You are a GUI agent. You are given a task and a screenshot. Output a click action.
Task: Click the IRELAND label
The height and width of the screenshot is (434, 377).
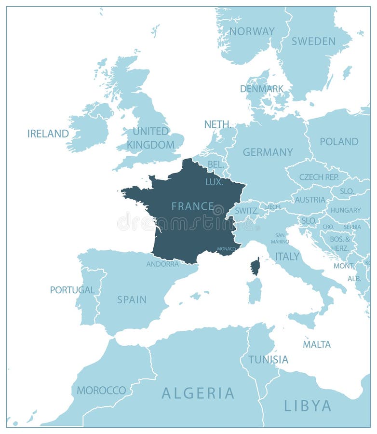48,134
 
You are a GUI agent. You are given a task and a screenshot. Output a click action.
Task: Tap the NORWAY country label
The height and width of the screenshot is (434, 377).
252,31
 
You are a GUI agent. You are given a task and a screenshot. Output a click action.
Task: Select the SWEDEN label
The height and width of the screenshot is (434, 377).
313,41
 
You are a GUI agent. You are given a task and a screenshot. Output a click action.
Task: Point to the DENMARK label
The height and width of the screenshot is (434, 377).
262,89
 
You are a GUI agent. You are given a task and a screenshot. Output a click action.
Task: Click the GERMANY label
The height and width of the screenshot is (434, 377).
268,152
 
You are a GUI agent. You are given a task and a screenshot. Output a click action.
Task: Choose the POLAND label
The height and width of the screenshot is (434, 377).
339,142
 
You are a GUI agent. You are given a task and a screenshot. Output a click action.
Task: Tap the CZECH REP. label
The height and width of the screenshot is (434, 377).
319,177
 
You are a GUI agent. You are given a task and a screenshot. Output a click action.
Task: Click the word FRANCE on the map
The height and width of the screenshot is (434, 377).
193,206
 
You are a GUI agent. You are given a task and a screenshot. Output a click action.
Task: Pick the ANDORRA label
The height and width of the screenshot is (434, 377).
162,264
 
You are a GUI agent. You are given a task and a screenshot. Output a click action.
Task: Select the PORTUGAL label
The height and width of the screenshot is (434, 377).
72,290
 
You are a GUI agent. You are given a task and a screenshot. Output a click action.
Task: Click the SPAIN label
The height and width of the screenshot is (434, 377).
132,299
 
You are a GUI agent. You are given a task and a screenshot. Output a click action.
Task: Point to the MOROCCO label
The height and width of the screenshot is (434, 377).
101,390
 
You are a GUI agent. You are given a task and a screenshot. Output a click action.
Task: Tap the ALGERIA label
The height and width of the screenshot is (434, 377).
198,393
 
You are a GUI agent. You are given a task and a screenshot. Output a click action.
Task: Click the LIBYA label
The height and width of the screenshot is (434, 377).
308,406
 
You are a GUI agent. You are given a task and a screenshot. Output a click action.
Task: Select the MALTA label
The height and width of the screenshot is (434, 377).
317,344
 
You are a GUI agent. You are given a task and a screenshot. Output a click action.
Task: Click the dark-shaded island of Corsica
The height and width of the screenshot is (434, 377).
255,266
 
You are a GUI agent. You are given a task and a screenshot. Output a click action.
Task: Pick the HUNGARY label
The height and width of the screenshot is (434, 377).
345,210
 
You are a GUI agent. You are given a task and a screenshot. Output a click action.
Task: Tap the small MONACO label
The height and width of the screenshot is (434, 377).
227,249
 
